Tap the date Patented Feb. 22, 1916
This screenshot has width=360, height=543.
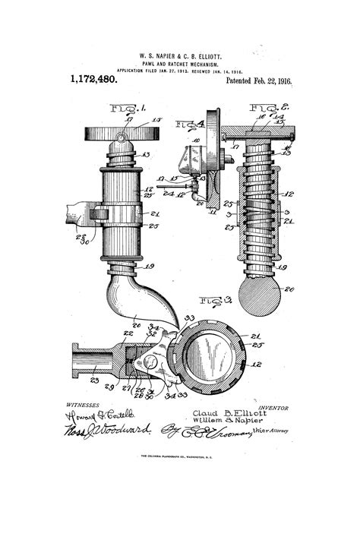tap(259, 80)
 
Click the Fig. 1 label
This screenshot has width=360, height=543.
tap(125, 109)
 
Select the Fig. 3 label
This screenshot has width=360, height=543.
tap(216, 301)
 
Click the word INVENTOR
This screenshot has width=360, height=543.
tap(273, 407)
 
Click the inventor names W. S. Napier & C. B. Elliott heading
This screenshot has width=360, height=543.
tap(179, 56)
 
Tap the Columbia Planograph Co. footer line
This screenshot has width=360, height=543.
tap(179, 456)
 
